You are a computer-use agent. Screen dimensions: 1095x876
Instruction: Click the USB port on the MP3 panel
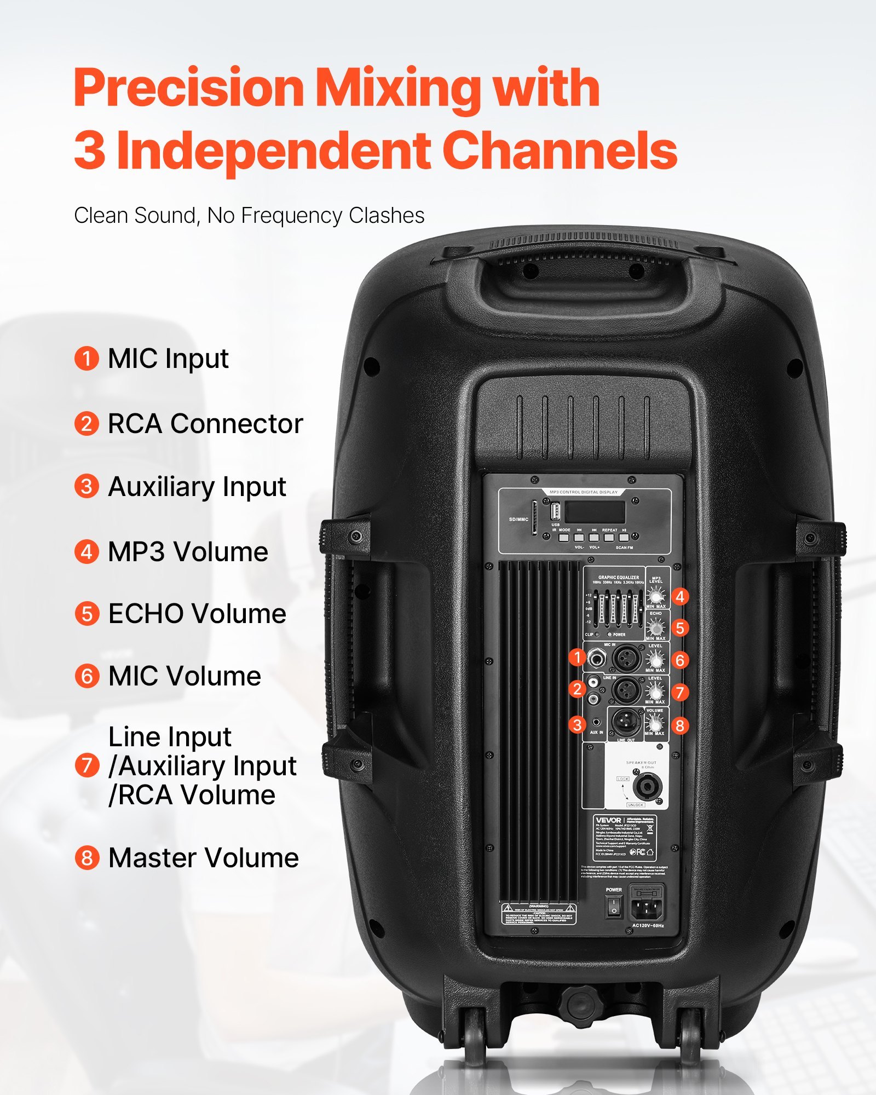point(555,512)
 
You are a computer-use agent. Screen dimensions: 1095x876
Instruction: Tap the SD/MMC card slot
point(534,517)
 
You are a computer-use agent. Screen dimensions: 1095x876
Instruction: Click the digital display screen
point(595,512)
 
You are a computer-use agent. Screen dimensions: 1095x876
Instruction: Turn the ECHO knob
point(655,627)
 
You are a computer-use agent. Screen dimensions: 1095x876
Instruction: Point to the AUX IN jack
point(596,723)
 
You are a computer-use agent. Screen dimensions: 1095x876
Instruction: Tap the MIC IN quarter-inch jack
point(597,658)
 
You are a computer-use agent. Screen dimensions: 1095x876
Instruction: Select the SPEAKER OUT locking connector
point(647,787)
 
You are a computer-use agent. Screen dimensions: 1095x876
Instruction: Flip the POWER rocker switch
point(614,906)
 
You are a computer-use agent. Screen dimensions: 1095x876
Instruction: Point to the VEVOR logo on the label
point(608,820)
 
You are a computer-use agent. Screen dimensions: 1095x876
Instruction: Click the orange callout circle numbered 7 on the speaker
point(679,692)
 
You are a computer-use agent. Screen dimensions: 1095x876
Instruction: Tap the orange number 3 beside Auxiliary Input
point(87,487)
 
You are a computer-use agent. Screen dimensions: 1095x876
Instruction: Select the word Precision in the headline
point(189,88)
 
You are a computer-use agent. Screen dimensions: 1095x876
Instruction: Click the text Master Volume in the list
point(203,858)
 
